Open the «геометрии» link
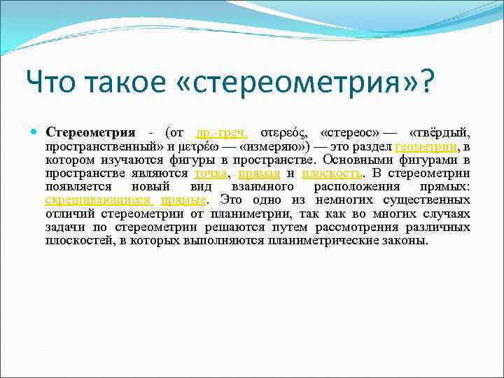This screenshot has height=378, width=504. pos(426,146)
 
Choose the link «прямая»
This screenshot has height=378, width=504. pos(258,174)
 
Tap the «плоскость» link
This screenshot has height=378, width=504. pos(332,174)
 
